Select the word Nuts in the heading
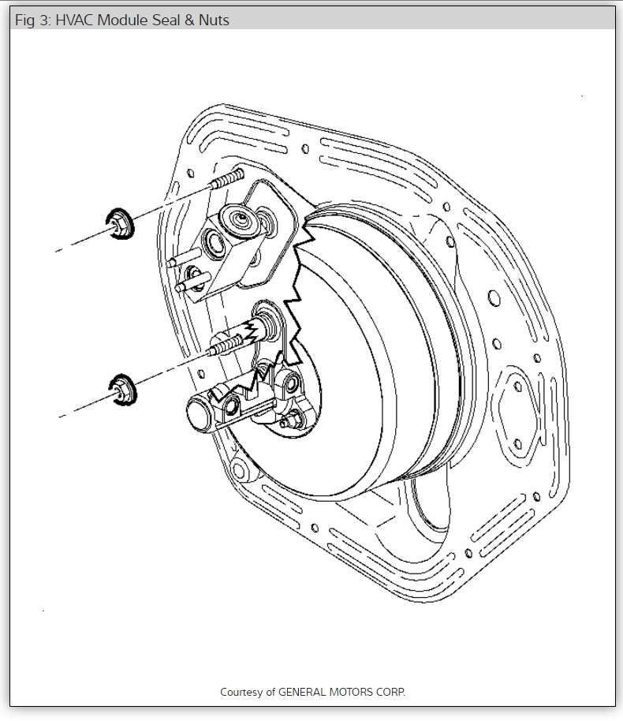[x=214, y=21]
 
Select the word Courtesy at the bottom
[x=241, y=692]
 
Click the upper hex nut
[x=120, y=223]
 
